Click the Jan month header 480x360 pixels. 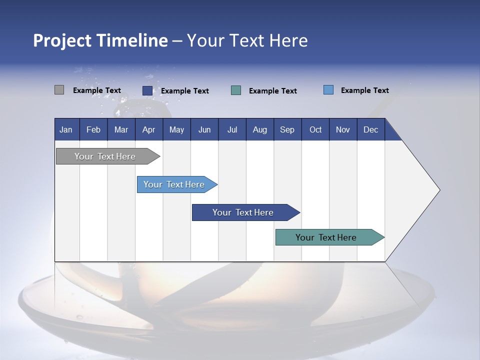point(66,129)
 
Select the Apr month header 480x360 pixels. point(149,129)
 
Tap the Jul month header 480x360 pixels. point(232,129)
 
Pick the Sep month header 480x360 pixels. point(287,129)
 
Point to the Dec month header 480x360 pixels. point(370,129)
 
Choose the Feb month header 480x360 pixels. point(93,129)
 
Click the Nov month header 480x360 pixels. point(343,129)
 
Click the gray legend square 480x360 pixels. point(59,90)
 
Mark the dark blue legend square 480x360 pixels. point(147,90)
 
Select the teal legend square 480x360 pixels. point(236,90)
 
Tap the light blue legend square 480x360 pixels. point(328,90)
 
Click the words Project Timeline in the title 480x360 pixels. point(100,40)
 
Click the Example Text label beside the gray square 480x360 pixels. point(97,90)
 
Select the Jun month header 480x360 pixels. point(204,129)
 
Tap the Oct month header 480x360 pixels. point(315,129)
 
